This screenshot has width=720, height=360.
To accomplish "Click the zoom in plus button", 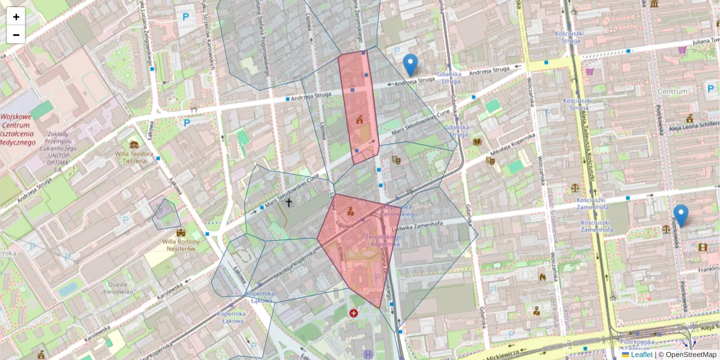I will tap(16, 17).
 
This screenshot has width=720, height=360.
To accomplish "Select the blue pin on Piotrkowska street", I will tap(680, 215).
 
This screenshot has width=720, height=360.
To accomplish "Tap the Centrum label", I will tap(673, 92).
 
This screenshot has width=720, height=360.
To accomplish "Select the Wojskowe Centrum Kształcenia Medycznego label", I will tap(19, 129).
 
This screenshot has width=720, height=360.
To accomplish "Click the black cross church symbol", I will tap(289, 203).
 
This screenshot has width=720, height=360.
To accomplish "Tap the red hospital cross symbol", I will tap(353, 313).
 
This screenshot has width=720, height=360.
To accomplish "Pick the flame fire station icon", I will tap(542, 277).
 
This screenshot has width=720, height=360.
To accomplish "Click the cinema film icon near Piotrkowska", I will tap(703, 247).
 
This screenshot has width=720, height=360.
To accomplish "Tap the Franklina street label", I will tap(709, 270).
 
